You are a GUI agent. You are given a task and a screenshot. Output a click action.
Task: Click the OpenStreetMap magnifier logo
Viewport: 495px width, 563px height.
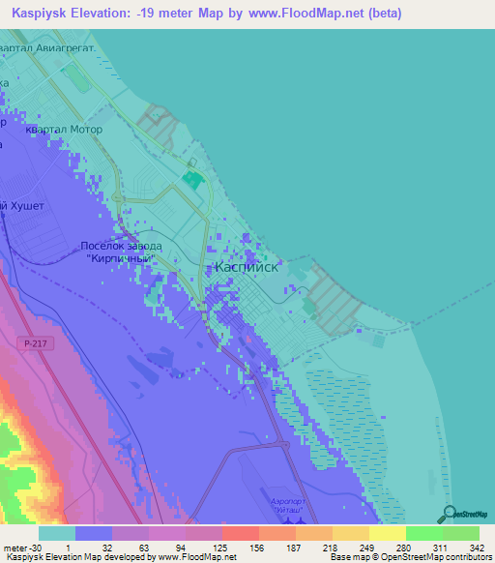[x=451, y=513]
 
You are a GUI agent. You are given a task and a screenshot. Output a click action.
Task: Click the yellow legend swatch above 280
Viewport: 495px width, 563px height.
[x=387, y=533]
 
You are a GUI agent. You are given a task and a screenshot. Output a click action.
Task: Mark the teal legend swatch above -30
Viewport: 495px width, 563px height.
[x=56, y=533]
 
